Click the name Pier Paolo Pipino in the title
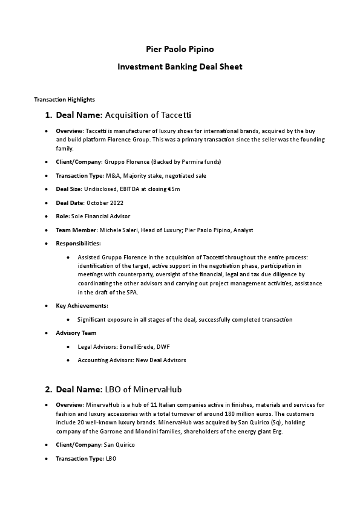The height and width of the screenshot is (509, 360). coord(180,48)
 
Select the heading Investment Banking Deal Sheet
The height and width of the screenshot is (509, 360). coord(180,66)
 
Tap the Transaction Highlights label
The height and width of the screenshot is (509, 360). coord(64,99)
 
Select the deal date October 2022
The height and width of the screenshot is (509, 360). coord(105,203)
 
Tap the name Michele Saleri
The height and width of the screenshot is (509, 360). coord(119,230)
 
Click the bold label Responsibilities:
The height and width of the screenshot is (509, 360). coord(78,243)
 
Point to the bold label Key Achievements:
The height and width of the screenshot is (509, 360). coord(82,306)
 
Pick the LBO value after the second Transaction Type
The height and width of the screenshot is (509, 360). coord(111,459)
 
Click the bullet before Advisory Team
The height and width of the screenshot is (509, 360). coord(47,333)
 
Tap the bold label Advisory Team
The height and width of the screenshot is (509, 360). coord(76,333)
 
